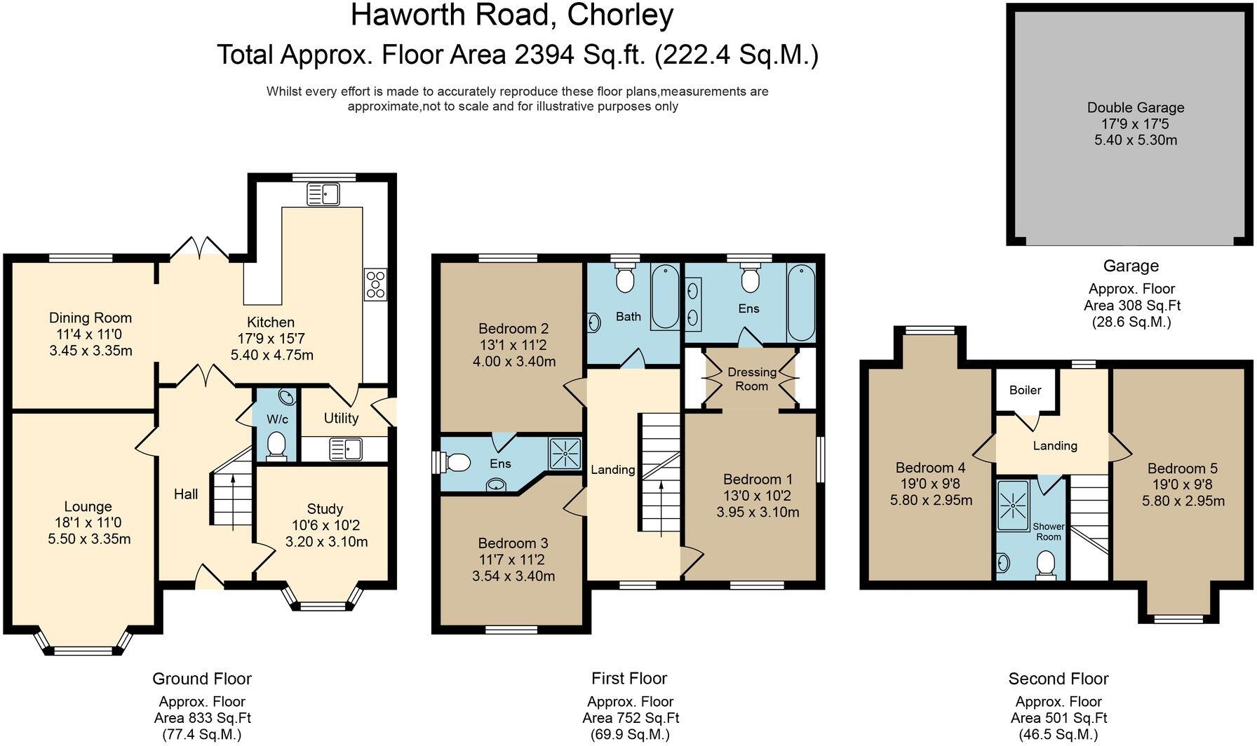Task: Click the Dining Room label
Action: pos(90,318)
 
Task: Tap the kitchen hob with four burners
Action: pos(375,285)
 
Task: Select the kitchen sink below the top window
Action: pos(323,194)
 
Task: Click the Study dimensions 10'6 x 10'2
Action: pos(325,525)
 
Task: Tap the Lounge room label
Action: pos(88,506)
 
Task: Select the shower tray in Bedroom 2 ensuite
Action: pos(565,454)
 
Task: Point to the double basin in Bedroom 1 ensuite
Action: pos(694,304)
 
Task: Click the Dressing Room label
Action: pos(751,379)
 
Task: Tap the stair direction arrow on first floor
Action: pos(662,509)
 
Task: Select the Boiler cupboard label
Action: pos(1025,390)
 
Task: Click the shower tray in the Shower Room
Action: pos(1012,504)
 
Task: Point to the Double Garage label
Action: pos(1135,107)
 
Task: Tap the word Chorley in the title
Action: pos(620,15)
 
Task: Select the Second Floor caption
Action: pos(1058,678)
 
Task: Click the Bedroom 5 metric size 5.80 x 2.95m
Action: pos(1183,501)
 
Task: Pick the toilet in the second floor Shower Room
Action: pos(1046,565)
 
